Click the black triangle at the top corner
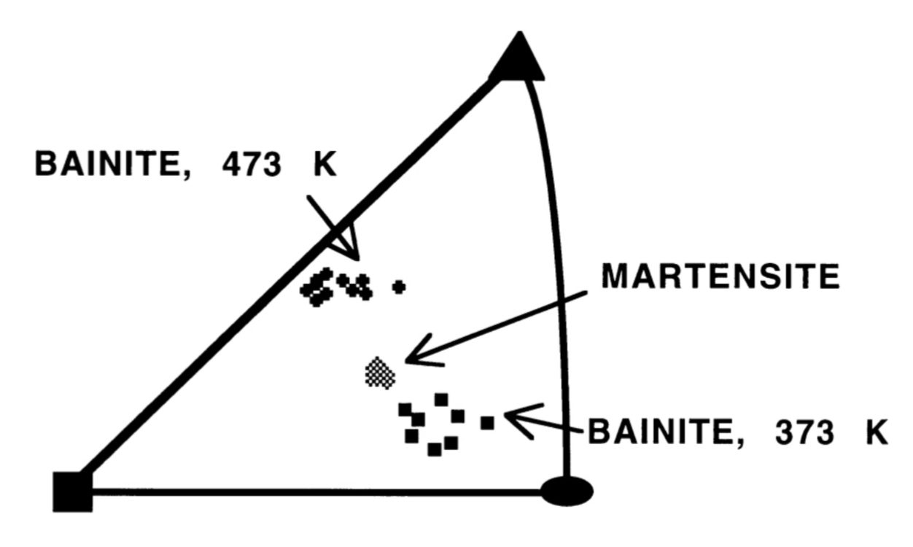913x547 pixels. point(518,58)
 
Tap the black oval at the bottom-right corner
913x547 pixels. point(567,490)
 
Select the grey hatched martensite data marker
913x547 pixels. point(380,373)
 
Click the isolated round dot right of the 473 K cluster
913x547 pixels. point(398,287)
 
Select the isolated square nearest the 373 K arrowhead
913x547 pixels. point(487,422)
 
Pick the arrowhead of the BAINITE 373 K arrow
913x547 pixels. point(510,418)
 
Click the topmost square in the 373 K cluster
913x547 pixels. point(441,399)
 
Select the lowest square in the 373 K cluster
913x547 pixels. point(434,449)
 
